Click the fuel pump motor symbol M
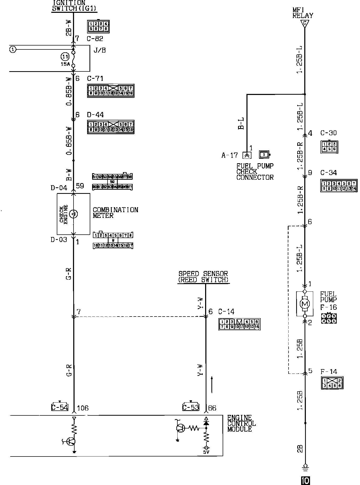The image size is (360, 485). point(304,304)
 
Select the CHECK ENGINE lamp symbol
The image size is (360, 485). point(74,214)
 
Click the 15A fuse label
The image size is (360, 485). point(65,64)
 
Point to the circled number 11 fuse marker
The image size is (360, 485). point(65,57)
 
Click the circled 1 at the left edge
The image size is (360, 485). point(13,49)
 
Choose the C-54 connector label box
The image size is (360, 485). point(60,407)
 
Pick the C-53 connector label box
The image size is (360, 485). point(191,407)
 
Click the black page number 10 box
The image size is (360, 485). point(305,480)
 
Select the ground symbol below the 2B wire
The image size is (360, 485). point(305,467)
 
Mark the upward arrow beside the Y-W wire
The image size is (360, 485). point(212,385)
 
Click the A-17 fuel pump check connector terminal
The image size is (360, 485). point(247,155)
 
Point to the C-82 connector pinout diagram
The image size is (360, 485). point(98,26)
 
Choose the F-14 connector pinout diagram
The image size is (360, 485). point(332,383)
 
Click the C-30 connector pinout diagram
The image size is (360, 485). point(329,147)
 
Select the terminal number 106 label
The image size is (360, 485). point(83,408)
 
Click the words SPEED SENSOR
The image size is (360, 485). point(203,274)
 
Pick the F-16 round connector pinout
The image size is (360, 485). point(329,318)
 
